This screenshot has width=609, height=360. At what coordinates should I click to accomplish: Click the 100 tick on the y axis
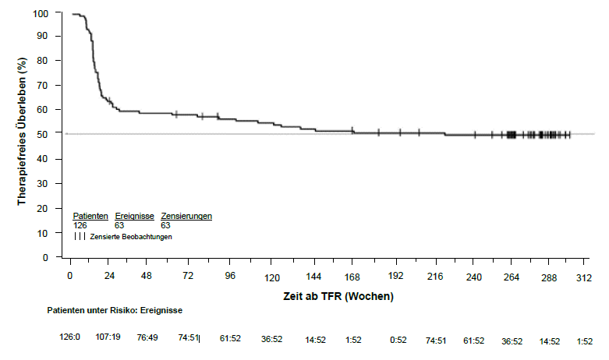[53, 14]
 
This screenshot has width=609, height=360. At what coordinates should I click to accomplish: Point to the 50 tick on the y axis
[53, 134]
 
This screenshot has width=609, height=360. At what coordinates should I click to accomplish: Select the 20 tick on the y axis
[53, 208]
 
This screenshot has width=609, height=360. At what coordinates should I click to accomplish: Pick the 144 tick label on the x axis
[313, 277]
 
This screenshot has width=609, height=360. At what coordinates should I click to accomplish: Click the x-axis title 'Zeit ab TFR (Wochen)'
[338, 297]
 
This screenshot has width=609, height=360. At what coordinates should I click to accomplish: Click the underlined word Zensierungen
[186, 216]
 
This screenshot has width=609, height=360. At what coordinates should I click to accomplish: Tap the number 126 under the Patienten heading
[80, 225]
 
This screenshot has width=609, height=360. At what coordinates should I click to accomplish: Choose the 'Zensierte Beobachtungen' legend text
[131, 236]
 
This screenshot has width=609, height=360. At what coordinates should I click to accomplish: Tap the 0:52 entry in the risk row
[399, 341]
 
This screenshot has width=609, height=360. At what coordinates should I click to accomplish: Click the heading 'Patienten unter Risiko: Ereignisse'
[115, 310]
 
